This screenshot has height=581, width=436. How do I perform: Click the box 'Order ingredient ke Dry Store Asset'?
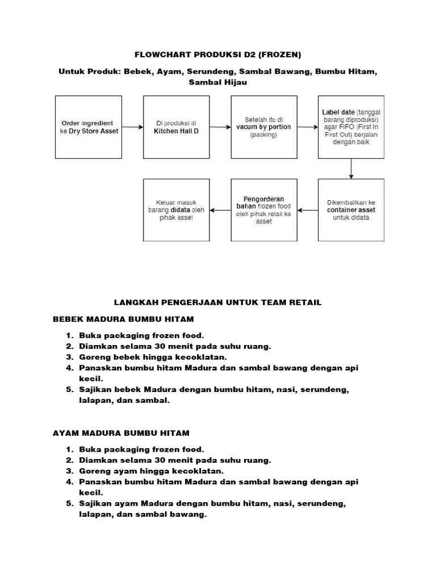[87, 127]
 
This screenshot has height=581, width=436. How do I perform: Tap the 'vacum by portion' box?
[263, 127]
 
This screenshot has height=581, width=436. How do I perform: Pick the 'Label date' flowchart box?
[351, 127]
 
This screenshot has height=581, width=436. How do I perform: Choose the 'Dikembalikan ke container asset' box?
[351, 210]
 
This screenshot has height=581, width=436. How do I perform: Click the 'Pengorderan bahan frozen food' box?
[263, 210]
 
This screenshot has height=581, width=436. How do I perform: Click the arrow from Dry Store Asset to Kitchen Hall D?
[132, 127]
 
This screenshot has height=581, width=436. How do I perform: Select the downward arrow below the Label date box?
[351, 169]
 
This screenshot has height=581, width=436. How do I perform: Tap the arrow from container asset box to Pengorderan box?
[308, 210]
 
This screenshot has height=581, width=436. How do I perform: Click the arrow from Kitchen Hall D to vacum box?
[220, 127]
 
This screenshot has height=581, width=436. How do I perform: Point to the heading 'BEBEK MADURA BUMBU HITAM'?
[123, 319]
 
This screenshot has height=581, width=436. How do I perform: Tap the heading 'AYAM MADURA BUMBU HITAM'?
[121, 433]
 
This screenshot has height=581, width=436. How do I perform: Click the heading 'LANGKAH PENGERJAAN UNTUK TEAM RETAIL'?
[217, 302]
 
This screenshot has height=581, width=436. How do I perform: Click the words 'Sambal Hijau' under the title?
[217, 83]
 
